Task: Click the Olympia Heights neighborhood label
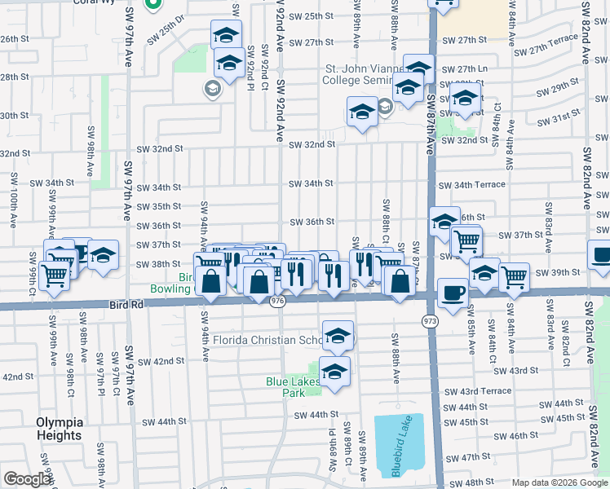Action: pos(59,429)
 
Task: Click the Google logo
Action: pos(27,479)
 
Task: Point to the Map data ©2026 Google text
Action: pos(559,482)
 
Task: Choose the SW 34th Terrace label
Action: pos(471,185)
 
